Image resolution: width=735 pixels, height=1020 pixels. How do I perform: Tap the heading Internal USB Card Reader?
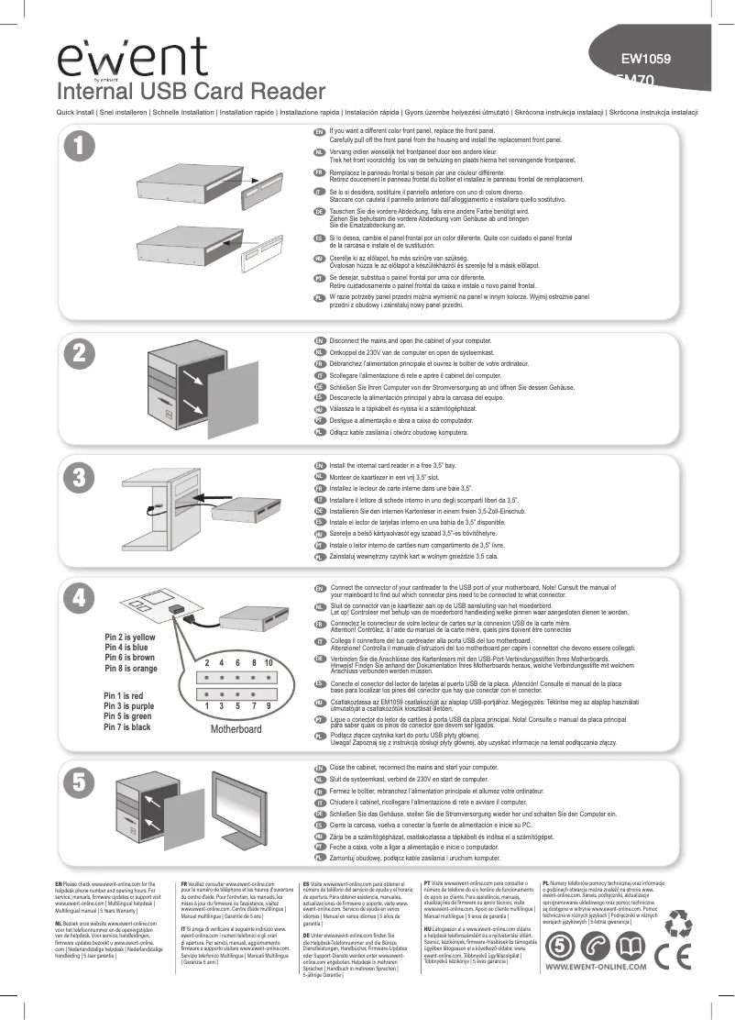[192, 92]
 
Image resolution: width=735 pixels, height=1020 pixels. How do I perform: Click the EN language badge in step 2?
[320, 341]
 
